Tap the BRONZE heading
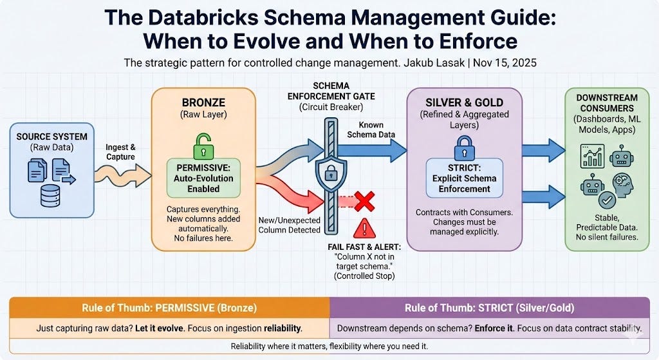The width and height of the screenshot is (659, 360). (x=203, y=103)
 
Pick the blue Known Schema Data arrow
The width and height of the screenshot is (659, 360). (x=376, y=151)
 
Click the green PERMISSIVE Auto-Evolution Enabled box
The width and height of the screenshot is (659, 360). (x=203, y=177)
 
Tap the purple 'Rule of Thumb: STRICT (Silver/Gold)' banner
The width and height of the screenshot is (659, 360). (x=489, y=307)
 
